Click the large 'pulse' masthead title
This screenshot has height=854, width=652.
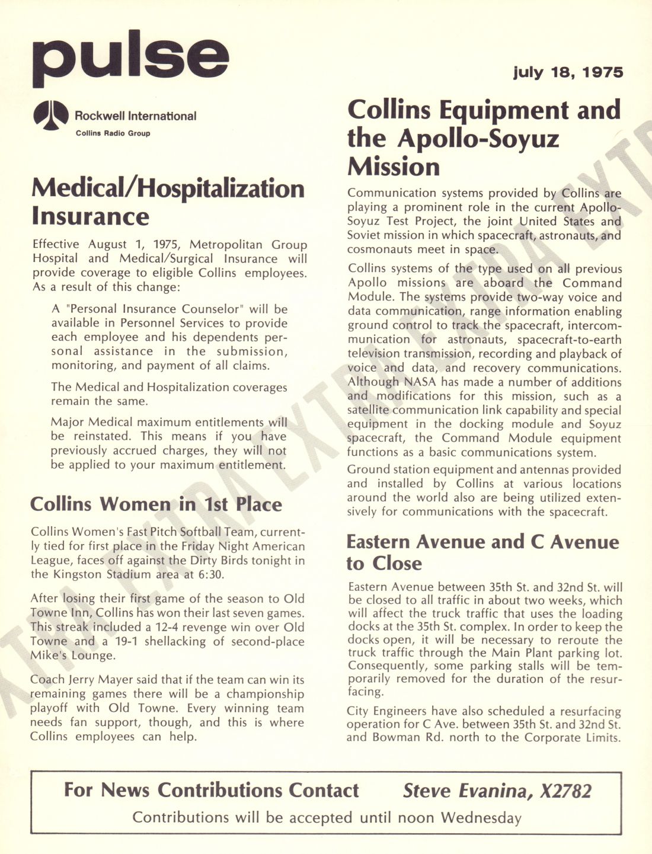pos(130,57)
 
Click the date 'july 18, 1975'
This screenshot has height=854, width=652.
pos(568,72)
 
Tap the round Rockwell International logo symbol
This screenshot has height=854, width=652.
pos(50,115)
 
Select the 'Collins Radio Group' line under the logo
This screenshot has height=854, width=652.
pos(113,133)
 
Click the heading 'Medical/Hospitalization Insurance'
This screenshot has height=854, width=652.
pos(168,201)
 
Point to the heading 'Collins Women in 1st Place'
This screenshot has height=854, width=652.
pos(156,504)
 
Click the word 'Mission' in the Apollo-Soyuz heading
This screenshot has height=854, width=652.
pos(394,167)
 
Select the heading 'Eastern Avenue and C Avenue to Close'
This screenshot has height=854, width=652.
pos(482,552)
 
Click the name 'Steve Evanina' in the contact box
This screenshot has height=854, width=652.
pos(468,791)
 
